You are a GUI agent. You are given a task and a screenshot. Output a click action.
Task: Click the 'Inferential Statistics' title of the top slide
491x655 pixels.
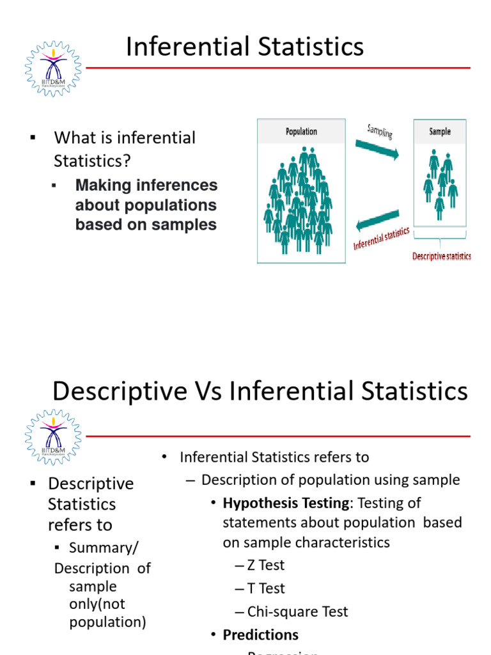245,47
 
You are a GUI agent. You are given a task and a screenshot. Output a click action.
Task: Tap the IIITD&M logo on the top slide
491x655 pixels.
54,68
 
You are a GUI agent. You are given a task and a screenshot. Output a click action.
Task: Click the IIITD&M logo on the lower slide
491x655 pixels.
54,437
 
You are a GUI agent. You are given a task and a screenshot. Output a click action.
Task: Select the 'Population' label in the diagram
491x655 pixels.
301,131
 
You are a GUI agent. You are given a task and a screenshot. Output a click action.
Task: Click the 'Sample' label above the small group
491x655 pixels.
439,131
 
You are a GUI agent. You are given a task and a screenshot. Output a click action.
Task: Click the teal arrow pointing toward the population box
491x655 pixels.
378,220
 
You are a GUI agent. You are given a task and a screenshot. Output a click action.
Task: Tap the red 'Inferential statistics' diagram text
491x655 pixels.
382,239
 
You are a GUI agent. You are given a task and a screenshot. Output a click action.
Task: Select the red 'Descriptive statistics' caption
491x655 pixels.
441,256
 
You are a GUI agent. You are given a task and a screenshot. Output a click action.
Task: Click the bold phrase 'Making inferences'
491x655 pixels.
146,185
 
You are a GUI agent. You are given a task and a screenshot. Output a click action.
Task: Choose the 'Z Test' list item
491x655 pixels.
260,565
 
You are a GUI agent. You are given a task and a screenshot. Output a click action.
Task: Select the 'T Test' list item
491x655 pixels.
260,588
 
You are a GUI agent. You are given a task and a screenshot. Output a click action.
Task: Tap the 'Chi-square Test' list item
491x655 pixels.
292,612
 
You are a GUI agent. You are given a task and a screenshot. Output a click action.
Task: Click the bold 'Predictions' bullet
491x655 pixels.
260,635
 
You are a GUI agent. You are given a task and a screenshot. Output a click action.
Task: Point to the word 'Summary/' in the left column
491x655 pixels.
103,548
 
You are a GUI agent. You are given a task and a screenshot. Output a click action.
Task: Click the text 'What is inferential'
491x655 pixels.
125,138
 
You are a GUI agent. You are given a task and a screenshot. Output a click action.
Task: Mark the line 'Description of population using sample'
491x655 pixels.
331,480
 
